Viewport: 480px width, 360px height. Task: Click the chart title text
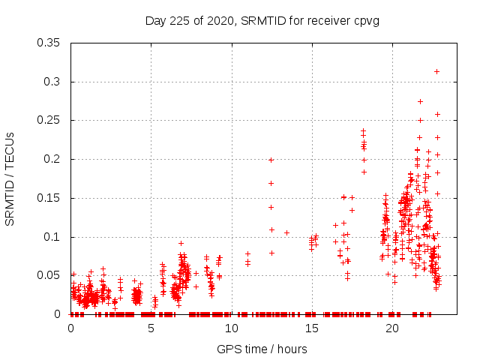(262, 20)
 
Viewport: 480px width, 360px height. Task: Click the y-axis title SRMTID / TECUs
(10, 178)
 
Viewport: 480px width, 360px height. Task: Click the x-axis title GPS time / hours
(262, 349)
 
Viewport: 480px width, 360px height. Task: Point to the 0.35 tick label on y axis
(49, 43)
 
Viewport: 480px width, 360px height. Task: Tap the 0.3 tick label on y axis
(52, 82)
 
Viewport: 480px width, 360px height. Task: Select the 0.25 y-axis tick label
(49, 120)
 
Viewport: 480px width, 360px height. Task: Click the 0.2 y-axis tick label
(52, 159)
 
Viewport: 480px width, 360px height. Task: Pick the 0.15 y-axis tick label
(49, 198)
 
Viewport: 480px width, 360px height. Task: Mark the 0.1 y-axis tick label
(52, 237)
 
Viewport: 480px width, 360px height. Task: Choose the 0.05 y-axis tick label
(49, 275)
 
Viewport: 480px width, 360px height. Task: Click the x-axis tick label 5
(151, 328)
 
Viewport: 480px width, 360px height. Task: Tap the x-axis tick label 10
(232, 328)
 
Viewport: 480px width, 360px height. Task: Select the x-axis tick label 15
(312, 328)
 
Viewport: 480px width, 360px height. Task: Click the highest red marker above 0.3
(436, 71)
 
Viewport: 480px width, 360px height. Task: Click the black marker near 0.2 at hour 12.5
(271, 160)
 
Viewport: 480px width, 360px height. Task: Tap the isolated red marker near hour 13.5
(286, 232)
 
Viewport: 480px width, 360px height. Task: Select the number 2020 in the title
(220, 20)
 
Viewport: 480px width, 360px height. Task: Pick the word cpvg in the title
(365, 20)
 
